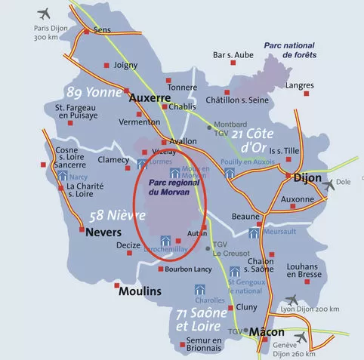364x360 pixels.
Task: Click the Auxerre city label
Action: point(151,98)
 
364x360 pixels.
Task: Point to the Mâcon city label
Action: point(267,332)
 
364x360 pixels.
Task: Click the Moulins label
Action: point(140,291)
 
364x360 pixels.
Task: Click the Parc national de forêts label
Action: point(290,50)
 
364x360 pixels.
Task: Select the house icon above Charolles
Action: point(200,289)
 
